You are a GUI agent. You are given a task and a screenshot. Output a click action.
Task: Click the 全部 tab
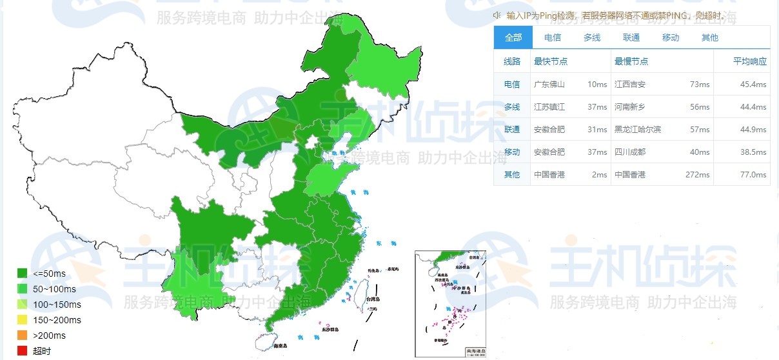click(x=513, y=37)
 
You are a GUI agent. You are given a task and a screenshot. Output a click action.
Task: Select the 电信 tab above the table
click(x=553, y=37)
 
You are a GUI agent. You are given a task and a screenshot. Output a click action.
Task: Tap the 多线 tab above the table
click(x=592, y=37)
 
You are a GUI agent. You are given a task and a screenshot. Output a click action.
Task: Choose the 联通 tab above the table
click(x=631, y=37)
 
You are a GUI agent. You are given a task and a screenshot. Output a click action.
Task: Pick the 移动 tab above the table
click(x=671, y=37)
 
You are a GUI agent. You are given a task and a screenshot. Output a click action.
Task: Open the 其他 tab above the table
click(x=710, y=37)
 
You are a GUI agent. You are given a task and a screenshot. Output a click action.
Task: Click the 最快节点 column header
click(x=551, y=61)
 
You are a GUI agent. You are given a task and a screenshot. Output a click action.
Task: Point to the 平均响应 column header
click(x=750, y=61)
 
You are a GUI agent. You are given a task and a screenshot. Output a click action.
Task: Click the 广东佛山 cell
click(x=549, y=85)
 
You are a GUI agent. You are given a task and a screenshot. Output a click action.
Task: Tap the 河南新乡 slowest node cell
click(x=630, y=107)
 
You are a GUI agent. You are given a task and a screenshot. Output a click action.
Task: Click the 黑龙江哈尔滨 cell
click(x=638, y=130)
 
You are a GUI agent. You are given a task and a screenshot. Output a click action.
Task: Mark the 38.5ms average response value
click(x=753, y=152)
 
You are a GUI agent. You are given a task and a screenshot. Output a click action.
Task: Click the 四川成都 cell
click(x=630, y=152)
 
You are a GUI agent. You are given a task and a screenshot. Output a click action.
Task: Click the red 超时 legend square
click(x=22, y=351)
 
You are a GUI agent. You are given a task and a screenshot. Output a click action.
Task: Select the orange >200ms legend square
click(x=22, y=335)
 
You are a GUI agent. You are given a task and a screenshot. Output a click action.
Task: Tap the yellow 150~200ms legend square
click(x=22, y=320)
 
